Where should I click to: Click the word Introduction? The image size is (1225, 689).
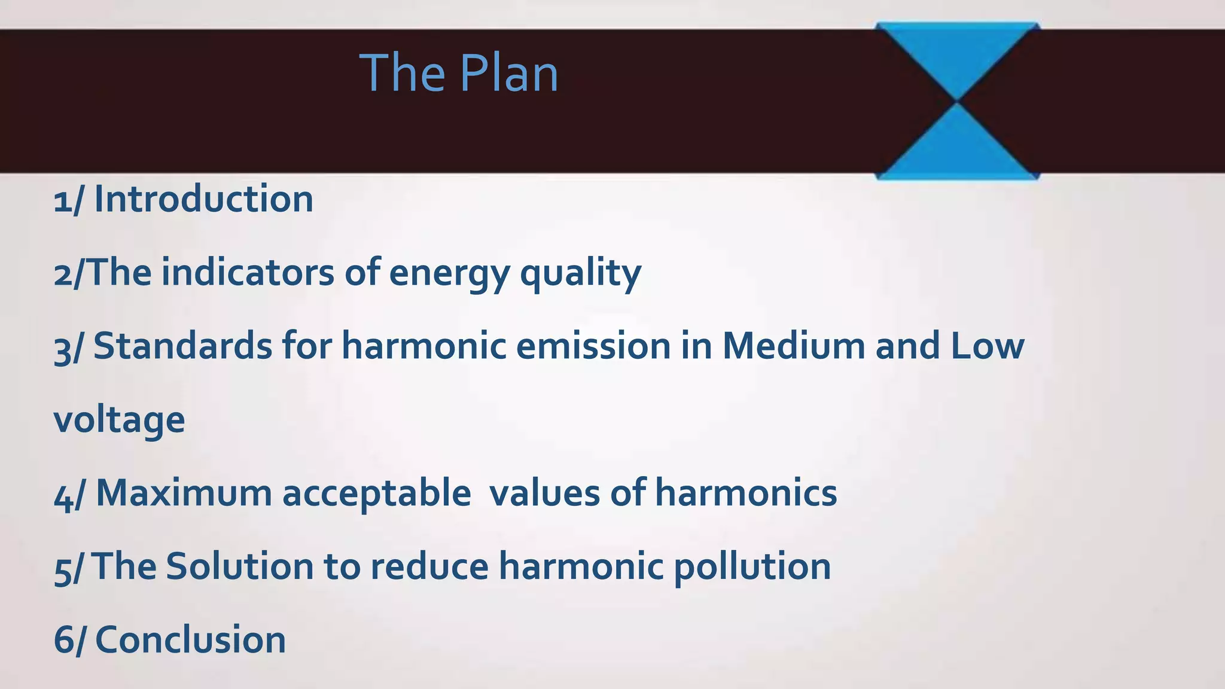coord(204,199)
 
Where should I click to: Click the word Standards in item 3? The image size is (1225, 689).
coord(183,346)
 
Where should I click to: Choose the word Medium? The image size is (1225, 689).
coord(794,346)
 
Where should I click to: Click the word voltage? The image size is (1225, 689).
coord(119,420)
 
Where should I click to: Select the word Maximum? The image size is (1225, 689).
coord(184,493)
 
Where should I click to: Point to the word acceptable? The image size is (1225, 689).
coord(376,493)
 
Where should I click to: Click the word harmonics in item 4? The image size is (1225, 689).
coord(746,493)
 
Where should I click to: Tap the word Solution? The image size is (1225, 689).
coord(239,566)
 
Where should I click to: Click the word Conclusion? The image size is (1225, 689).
coord(190,640)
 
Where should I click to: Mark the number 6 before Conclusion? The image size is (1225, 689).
coord(63,640)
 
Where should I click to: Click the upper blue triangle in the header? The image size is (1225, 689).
coord(957,54)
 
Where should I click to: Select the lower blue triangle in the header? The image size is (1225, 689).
coord(957,150)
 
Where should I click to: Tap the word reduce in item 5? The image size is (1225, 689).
coord(429,566)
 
